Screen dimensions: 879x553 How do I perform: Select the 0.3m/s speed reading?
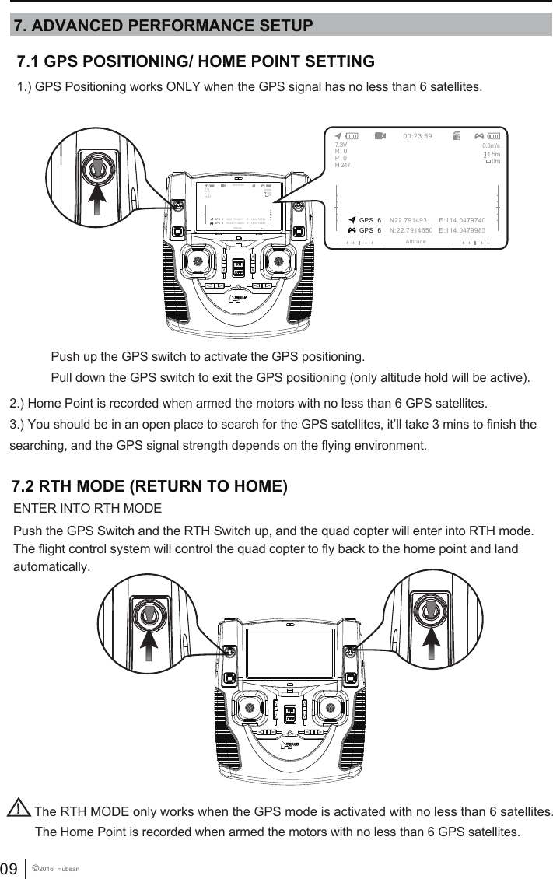pos(491,145)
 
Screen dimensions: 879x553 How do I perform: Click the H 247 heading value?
pos(342,165)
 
